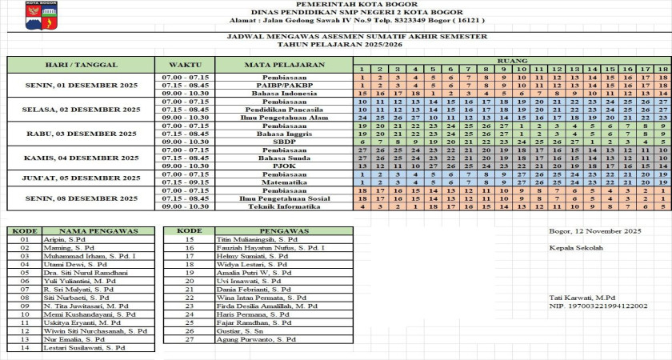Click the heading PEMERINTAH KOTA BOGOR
pyautogui.click(x=335, y=5)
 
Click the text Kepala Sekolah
pyautogui.click(x=574, y=247)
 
